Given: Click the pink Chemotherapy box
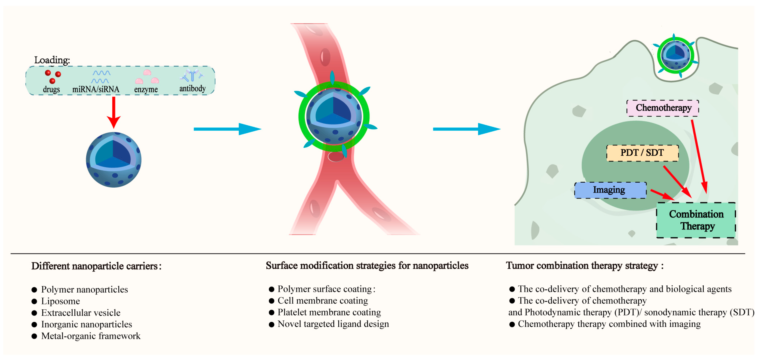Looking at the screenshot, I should tap(663, 108).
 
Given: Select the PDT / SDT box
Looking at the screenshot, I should tap(642, 153).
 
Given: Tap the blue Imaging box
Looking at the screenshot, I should tap(610, 190).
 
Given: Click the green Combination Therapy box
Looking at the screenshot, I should tap(696, 220).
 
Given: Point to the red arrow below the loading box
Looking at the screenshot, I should tap(114, 112).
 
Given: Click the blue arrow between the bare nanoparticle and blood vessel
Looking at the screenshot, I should tap(227, 129).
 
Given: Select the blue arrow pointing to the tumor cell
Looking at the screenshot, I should tap(466, 129).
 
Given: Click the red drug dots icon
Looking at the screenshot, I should tap(53, 76).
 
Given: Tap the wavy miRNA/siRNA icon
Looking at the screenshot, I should tap(101, 76).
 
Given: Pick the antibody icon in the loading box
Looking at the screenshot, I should tap(192, 76).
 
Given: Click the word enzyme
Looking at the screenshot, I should tap(146, 89).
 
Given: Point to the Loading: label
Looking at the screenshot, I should tap(52, 60).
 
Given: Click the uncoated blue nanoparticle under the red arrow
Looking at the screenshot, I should tap(114, 160).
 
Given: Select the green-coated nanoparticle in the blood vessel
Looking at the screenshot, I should tap(334, 116).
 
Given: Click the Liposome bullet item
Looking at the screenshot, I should tap(61, 301).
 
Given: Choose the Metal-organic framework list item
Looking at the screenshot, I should tap(90, 336).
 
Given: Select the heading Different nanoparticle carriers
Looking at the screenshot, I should tap(96, 266).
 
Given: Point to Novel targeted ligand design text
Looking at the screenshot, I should tap(333, 324).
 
